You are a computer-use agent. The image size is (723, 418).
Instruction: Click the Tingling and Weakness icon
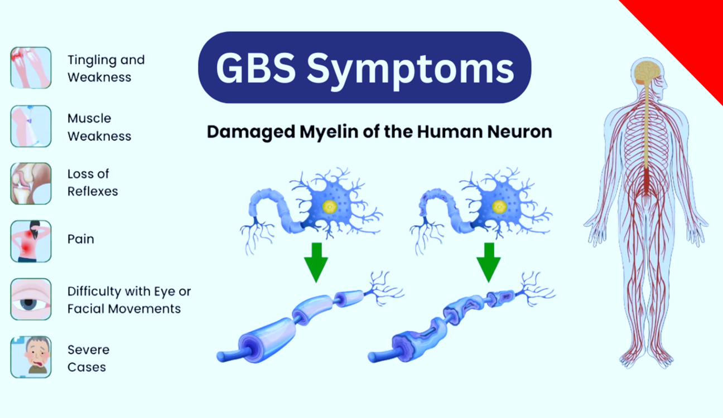31,67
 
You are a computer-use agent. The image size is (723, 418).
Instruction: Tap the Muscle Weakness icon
31,126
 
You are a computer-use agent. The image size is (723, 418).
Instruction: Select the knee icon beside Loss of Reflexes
31,183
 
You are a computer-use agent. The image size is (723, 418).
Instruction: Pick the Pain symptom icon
31,241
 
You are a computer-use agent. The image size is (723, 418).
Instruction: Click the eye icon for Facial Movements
31,299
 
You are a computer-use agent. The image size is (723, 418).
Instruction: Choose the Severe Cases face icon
31,357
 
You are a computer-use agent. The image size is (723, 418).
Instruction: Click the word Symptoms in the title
409,69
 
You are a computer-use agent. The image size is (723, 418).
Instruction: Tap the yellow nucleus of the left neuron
329,207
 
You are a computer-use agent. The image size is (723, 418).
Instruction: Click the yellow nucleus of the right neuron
499,207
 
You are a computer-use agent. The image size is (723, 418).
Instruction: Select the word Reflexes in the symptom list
93,191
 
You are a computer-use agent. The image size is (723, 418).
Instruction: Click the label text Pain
81,239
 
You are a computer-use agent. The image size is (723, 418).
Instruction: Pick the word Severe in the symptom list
88,349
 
